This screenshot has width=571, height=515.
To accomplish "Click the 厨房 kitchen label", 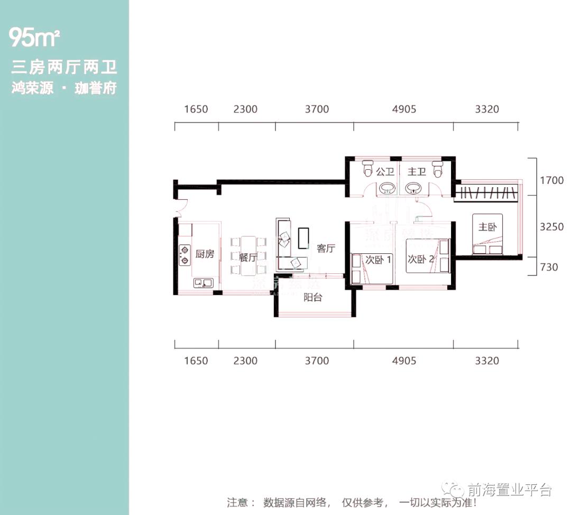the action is pyautogui.click(x=205, y=254).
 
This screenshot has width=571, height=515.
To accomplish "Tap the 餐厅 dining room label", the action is pyautogui.click(x=247, y=257).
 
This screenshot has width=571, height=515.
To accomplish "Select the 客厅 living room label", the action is pyautogui.click(x=326, y=249).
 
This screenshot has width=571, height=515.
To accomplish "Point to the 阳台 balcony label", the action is pyautogui.click(x=312, y=297).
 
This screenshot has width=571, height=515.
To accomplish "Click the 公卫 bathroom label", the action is pyautogui.click(x=385, y=171).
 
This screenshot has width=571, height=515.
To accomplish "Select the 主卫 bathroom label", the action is pyautogui.click(x=417, y=171).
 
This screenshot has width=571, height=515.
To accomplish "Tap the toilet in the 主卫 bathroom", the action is pyautogui.click(x=437, y=169).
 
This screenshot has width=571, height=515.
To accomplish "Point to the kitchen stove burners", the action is pyautogui.click(x=185, y=254).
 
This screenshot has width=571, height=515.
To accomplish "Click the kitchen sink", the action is pyautogui.click(x=202, y=283).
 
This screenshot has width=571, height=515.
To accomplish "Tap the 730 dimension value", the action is pyautogui.click(x=549, y=267).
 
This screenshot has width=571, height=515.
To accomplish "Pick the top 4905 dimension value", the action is pyautogui.click(x=404, y=109).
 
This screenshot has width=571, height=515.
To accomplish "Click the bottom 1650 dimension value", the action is pyautogui.click(x=196, y=361).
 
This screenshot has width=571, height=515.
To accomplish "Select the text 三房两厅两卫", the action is pyautogui.click(x=64, y=68).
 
